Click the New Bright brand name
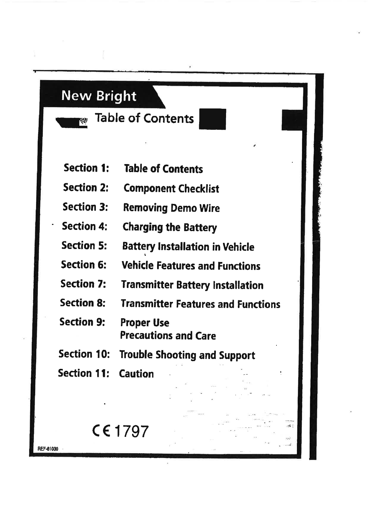point(99,96)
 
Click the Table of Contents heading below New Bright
point(144,118)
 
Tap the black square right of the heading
point(212,119)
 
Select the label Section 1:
point(86,168)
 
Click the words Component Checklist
point(171,188)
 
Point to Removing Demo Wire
point(171,208)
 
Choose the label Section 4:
point(84,226)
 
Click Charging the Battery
point(170,227)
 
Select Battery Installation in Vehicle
point(188,247)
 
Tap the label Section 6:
point(83,265)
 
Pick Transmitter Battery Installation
point(192,285)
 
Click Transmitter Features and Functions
point(200,304)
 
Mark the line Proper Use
point(145,323)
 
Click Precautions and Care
point(168,336)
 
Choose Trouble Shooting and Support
point(187,355)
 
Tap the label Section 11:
point(83,373)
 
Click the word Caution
point(136,374)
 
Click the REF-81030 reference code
point(48,449)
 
